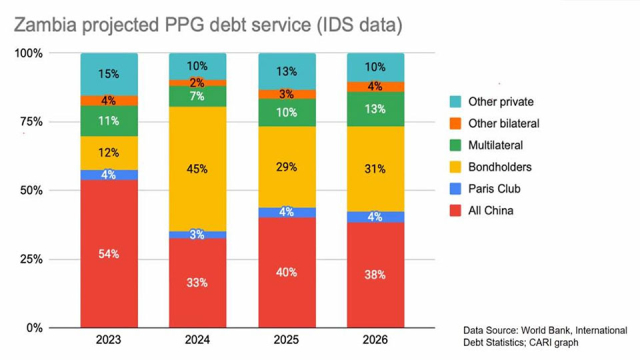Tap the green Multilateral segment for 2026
pos(375,109)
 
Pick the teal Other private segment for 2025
pos(286,71)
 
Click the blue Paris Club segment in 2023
pos(109,175)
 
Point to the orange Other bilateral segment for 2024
pos(197,83)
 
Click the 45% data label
pos(197,168)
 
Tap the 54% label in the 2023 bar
pos(109,254)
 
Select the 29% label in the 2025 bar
pos(286,166)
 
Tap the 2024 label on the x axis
pos(197,341)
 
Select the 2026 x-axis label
pos(375,341)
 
